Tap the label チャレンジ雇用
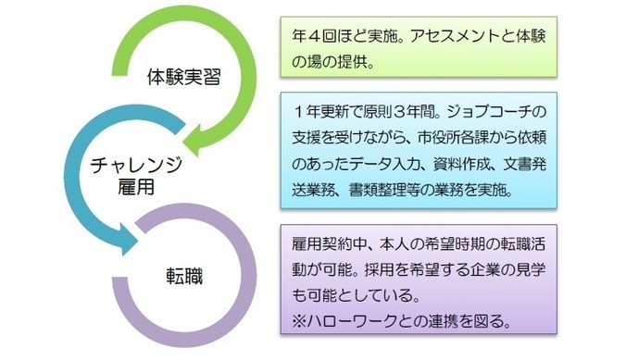[x=136, y=175]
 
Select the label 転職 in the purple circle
[x=182, y=275]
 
